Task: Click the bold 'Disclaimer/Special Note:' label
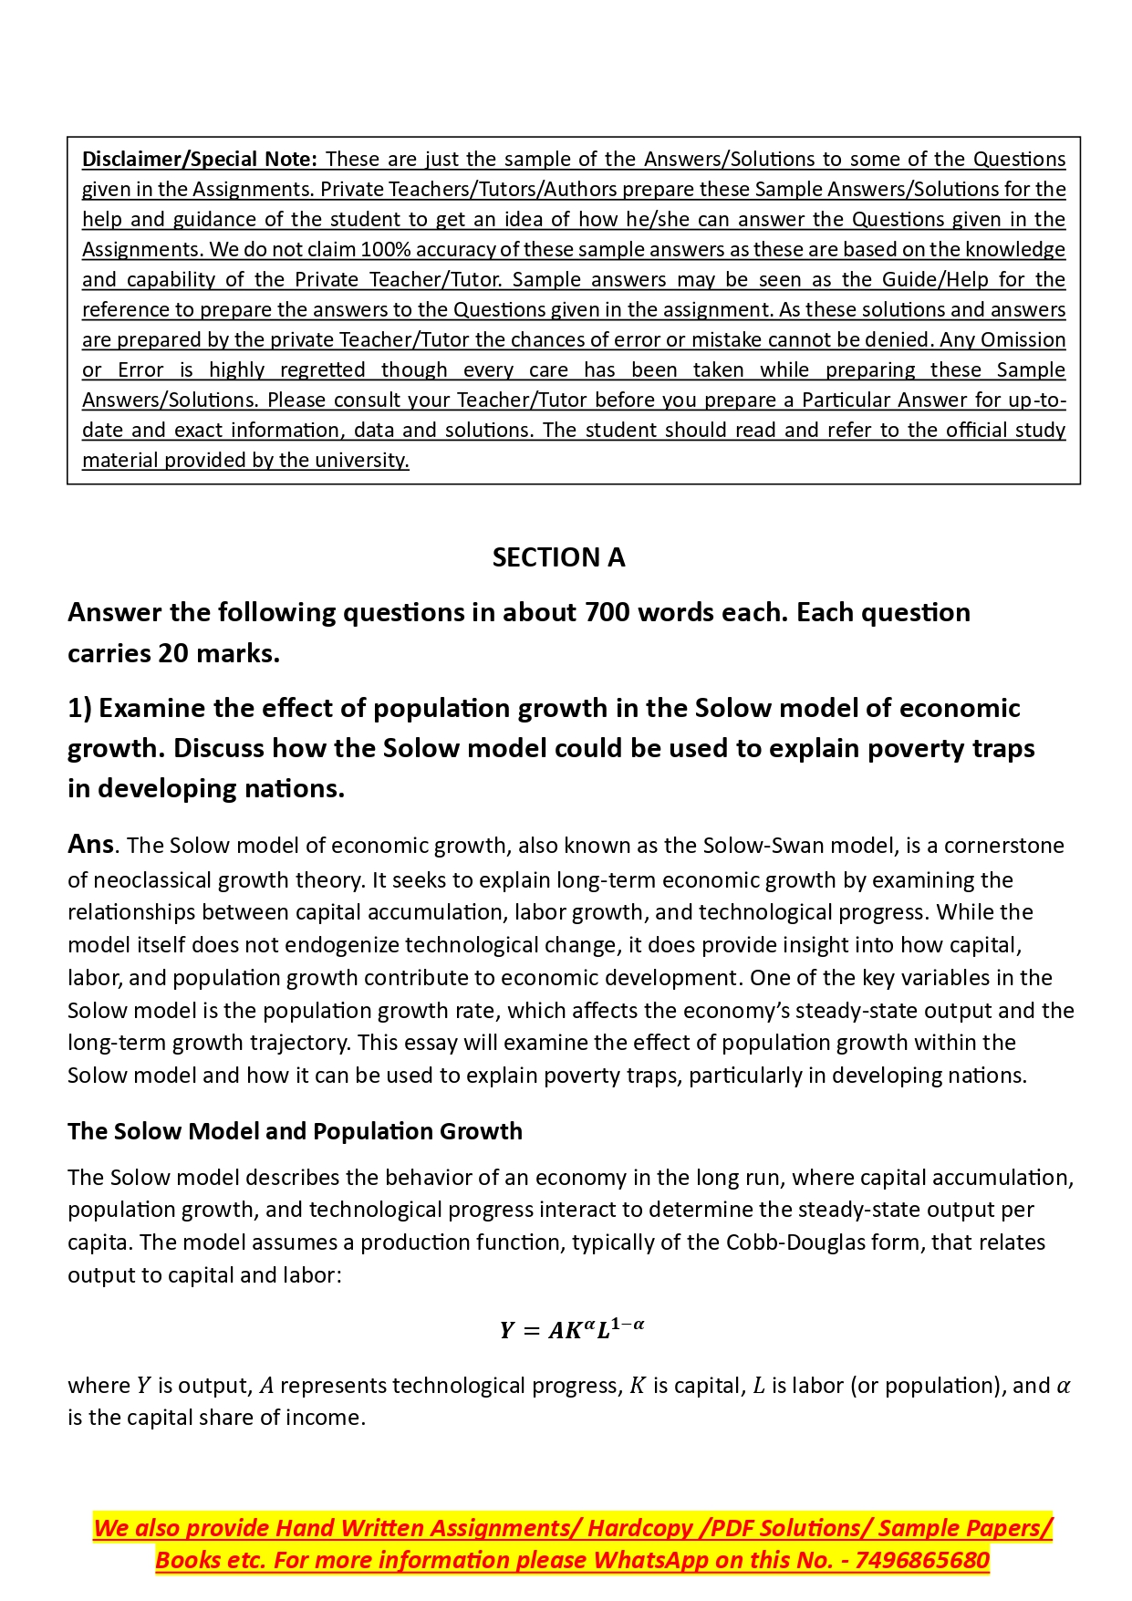(200, 160)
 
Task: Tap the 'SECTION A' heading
(558, 557)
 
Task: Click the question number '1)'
(79, 708)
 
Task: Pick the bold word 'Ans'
(90, 845)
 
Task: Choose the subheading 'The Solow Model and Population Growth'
(295, 1131)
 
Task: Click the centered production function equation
(572, 1329)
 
